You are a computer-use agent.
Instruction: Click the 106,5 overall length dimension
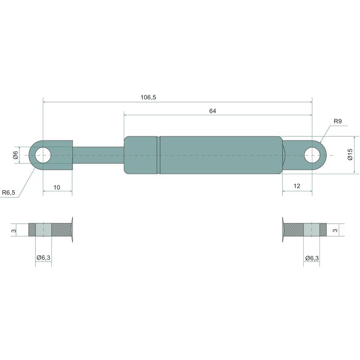[148, 97]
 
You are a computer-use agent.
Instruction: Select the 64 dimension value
[212, 111]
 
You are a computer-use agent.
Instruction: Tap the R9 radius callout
[337, 121]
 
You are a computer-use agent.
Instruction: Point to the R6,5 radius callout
[9, 193]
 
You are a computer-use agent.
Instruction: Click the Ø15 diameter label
[350, 154]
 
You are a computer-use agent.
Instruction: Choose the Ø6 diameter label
[15, 155]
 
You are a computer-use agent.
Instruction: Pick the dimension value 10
[57, 188]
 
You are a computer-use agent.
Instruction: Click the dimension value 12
[297, 186]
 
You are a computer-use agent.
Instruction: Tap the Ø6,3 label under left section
[43, 257]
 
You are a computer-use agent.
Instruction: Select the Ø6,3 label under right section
[312, 258]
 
